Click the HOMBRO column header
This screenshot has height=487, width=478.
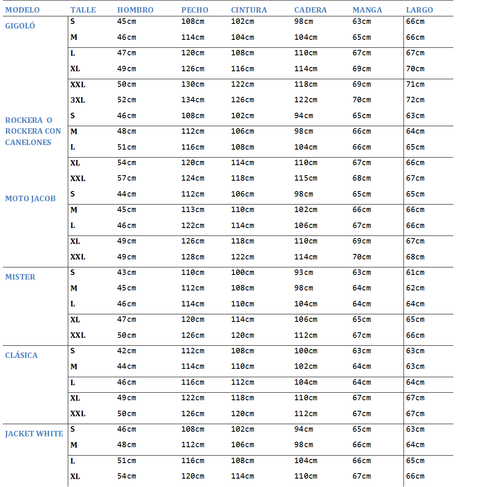tap(135, 10)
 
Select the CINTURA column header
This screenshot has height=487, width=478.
tap(249, 10)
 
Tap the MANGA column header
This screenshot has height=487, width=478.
tap(367, 10)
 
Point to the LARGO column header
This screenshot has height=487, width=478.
tap(419, 10)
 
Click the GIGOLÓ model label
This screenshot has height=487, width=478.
tap(20, 26)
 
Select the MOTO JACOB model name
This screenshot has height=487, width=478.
tap(30, 199)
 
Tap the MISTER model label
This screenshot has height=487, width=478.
tap(20, 277)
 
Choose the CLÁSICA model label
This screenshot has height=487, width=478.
tap(21, 355)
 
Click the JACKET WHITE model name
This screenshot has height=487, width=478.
tap(34, 434)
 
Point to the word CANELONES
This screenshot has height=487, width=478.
tap(28, 142)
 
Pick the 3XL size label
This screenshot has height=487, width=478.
tap(77, 100)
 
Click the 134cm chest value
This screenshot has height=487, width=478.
tap(193, 100)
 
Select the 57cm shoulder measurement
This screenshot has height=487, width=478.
tap(126, 179)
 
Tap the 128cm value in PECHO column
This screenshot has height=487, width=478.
tap(193, 257)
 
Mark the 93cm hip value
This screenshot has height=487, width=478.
tap(303, 272)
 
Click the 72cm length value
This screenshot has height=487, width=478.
tap(415, 100)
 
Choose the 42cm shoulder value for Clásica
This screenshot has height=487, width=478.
tap(126, 351)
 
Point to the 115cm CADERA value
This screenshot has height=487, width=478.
tap(306, 179)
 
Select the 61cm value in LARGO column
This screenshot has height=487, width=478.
tap(415, 272)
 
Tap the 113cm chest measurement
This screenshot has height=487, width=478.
tap(193, 210)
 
